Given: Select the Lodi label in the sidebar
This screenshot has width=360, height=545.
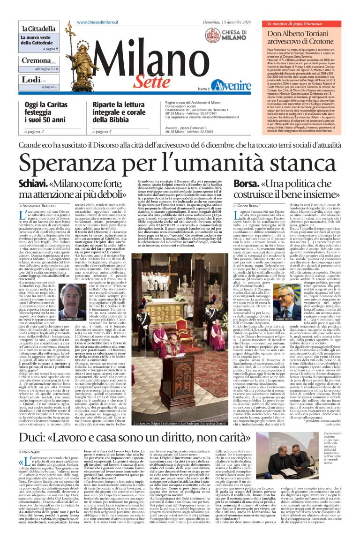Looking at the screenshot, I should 29,80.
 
